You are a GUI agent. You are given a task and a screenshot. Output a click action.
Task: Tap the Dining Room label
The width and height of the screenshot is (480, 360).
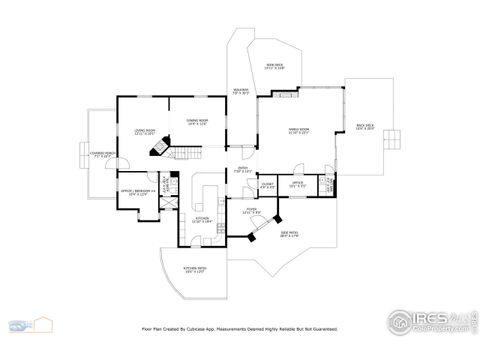pyautogui.click(x=197, y=123)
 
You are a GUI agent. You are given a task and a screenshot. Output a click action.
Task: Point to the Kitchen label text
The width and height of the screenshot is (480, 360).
pyautogui.click(x=202, y=218)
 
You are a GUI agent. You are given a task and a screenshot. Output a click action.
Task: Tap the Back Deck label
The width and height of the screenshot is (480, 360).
pyautogui.click(x=365, y=127)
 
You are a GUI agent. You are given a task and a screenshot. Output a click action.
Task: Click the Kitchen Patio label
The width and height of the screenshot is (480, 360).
pyautogui.click(x=194, y=271)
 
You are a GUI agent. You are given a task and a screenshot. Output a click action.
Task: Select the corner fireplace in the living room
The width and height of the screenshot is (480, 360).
pyautogui.click(x=157, y=149)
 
